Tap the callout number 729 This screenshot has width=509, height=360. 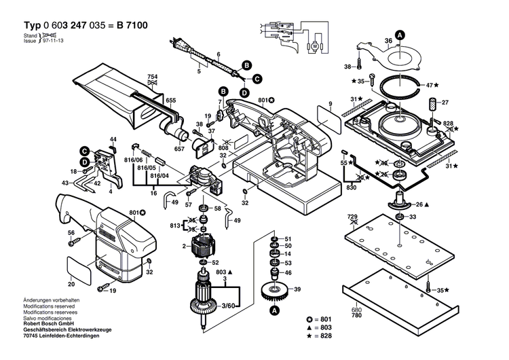tap(352, 215)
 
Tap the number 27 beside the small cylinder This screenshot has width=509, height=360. tap(446, 103)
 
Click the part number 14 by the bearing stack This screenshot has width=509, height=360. tap(288, 254)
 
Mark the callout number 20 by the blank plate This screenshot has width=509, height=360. tap(71, 284)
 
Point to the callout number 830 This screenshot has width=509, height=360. tap(351, 187)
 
